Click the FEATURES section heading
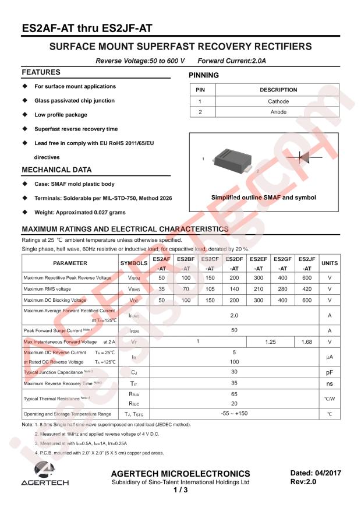(x=41, y=72)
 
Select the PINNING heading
(x=204, y=75)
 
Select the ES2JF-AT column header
(x=307, y=263)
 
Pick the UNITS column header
(x=330, y=263)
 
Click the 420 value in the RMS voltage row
(x=307, y=289)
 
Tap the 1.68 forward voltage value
(x=307, y=341)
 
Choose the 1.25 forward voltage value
(x=270, y=341)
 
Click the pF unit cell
(x=330, y=371)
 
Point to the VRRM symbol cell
(x=134, y=278)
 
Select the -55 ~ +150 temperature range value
(x=234, y=413)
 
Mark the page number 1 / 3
(x=180, y=491)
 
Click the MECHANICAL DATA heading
(x=56, y=170)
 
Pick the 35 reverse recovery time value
(x=234, y=383)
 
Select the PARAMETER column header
(x=70, y=263)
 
